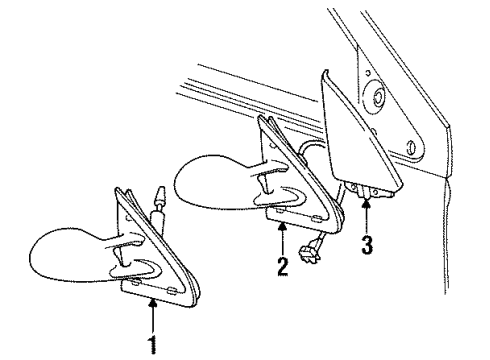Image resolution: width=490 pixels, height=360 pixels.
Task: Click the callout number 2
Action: [x=282, y=267]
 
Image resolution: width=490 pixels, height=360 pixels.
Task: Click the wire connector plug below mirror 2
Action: [x=312, y=246]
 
